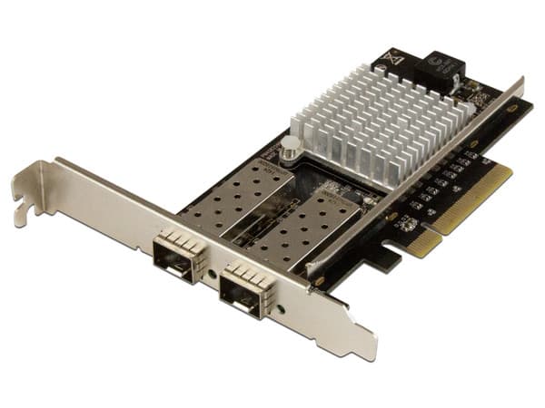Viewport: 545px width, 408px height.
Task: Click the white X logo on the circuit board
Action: click(x=394, y=60)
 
